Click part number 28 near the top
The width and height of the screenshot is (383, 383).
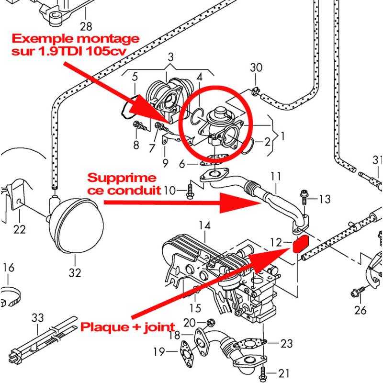[x=86, y=26]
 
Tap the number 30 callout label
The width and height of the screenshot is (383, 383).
[x=256, y=68]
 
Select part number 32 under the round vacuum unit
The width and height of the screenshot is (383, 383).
[x=75, y=272]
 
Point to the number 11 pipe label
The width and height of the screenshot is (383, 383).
[x=276, y=177]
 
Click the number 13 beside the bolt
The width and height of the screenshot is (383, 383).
[x=324, y=198]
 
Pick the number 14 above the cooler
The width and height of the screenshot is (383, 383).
[x=205, y=225]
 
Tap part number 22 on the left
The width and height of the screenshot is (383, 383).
[x=19, y=229]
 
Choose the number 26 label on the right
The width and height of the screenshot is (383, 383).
[x=360, y=310]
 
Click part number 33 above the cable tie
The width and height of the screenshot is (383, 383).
[x=38, y=317]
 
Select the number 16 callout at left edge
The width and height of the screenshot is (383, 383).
[x=9, y=267]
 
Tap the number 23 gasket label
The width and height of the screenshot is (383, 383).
[x=286, y=343]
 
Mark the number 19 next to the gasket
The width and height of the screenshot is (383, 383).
[x=159, y=353]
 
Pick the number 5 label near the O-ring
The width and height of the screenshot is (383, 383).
[x=135, y=76]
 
